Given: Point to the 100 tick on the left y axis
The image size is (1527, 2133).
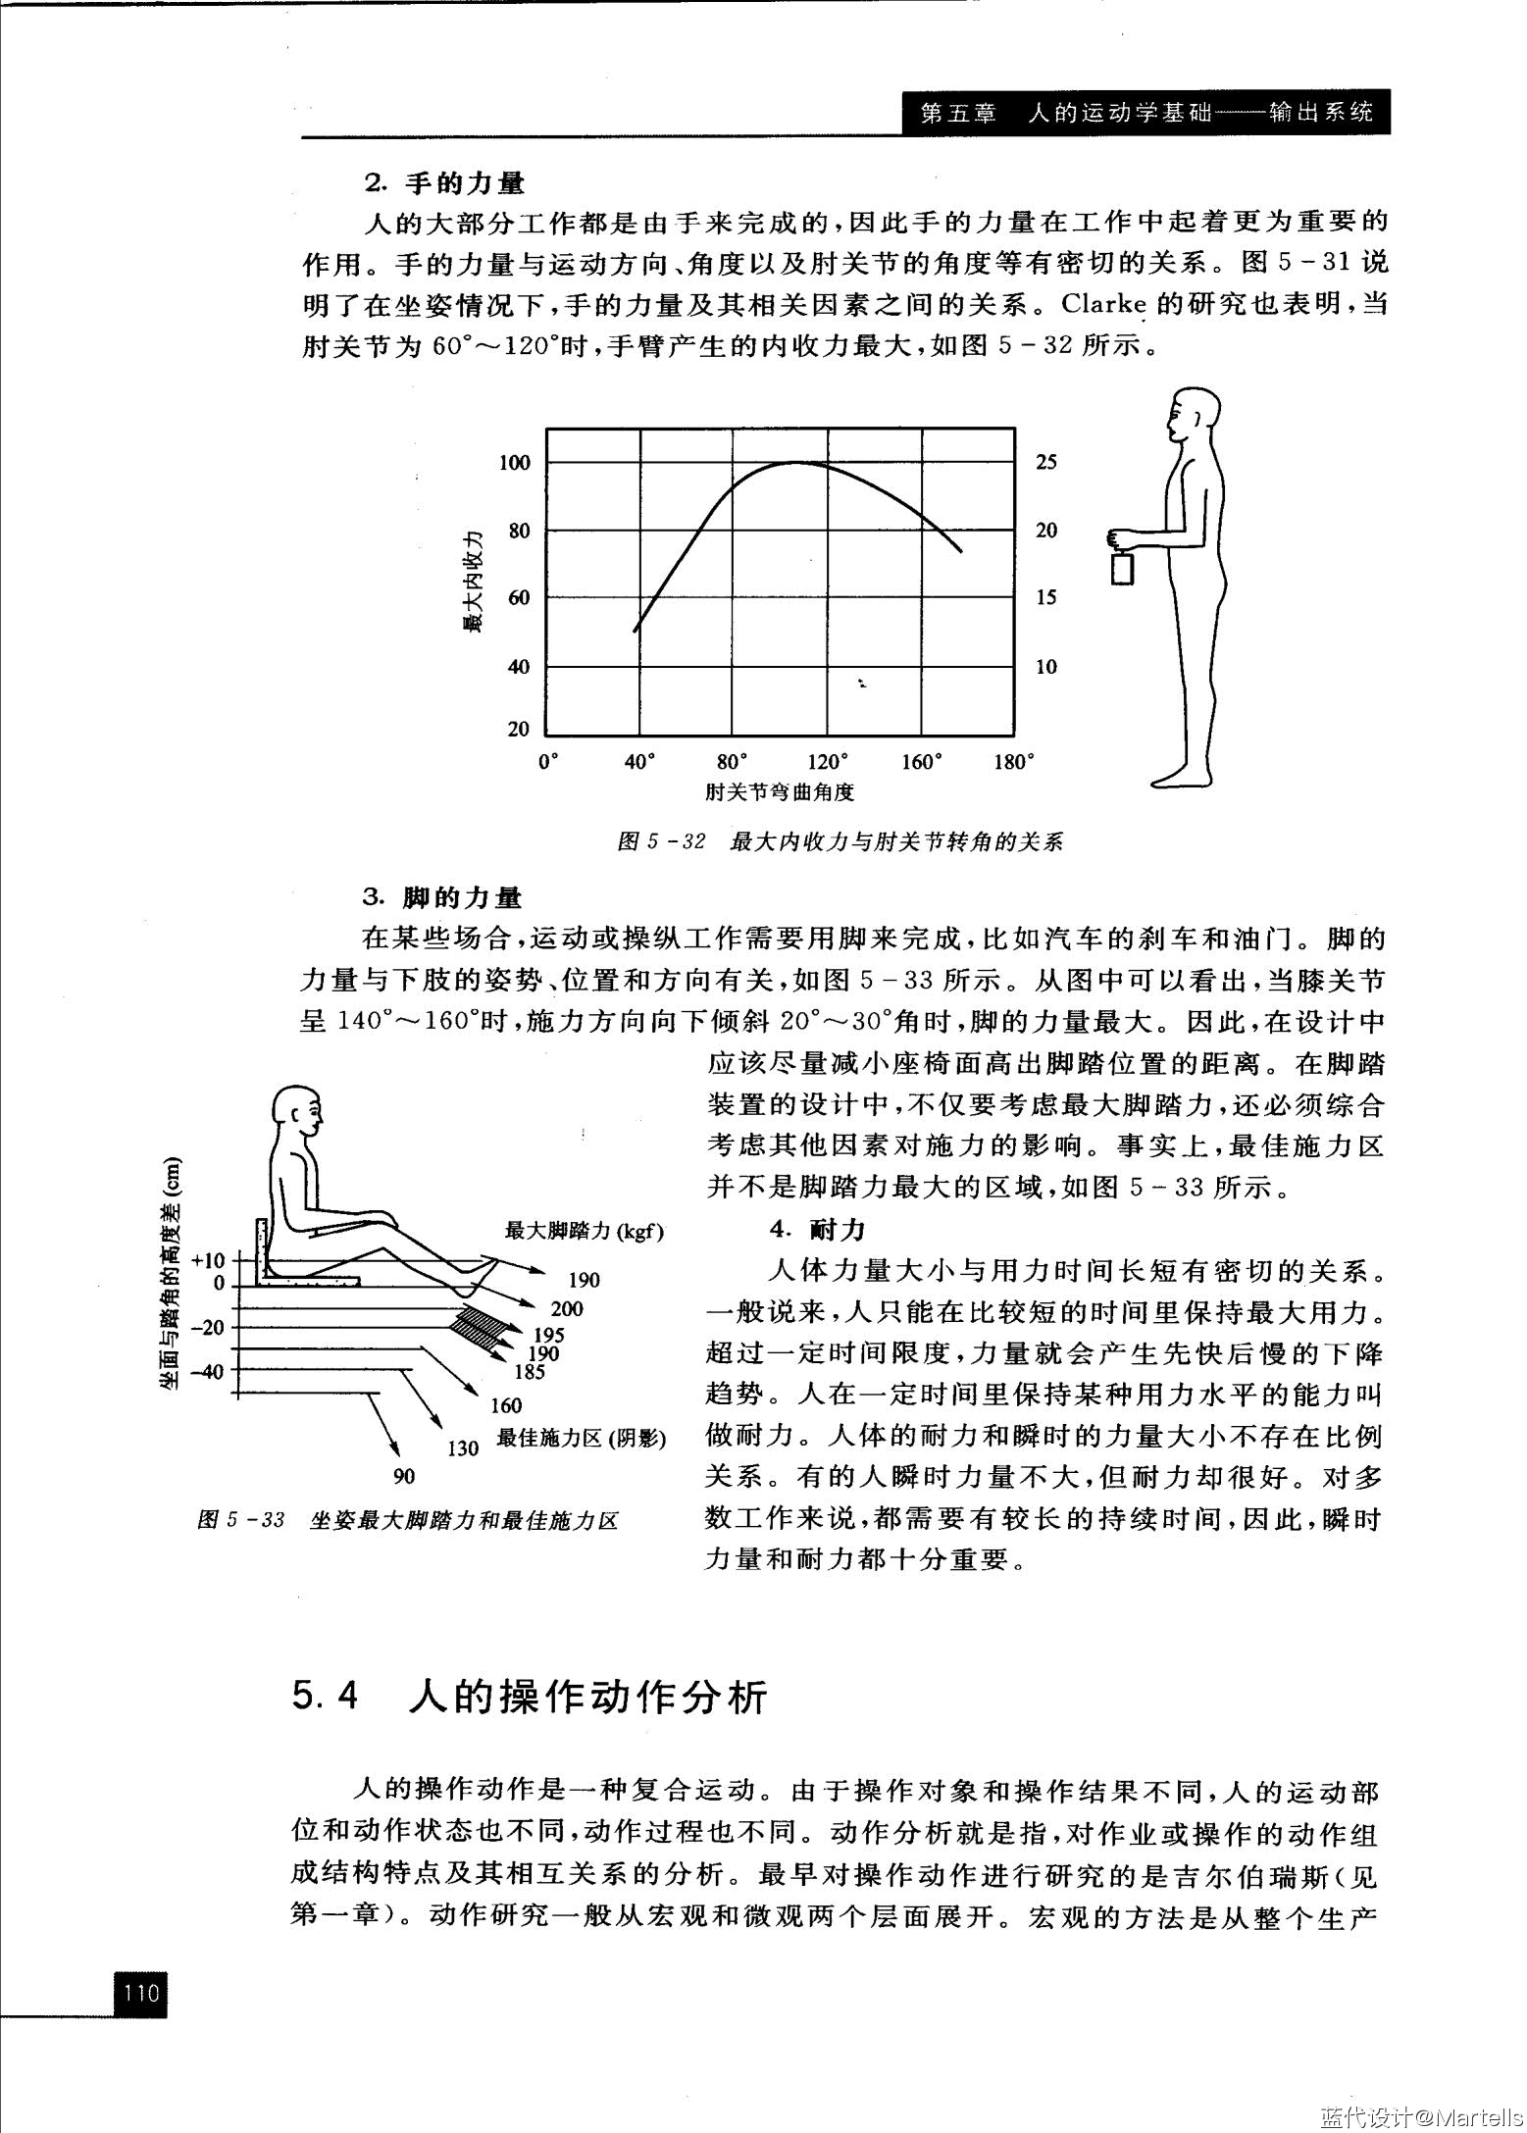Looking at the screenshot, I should click(x=514, y=462).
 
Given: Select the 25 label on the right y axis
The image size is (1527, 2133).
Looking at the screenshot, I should click(x=1046, y=462).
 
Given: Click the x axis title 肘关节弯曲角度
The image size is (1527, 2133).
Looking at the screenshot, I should click(x=779, y=791).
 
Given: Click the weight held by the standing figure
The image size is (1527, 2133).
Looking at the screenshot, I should click(x=1122, y=568).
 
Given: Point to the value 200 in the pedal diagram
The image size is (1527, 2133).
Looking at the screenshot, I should click(x=566, y=1308).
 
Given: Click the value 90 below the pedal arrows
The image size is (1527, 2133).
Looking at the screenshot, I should click(x=403, y=1476).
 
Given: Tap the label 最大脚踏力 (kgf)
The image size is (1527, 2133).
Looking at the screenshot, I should click(x=584, y=1231).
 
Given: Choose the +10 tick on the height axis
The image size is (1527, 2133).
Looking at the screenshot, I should click(x=209, y=1260).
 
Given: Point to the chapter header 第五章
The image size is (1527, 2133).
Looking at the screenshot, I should click(x=958, y=113).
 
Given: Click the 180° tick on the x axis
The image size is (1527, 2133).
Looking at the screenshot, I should click(x=1014, y=762).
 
